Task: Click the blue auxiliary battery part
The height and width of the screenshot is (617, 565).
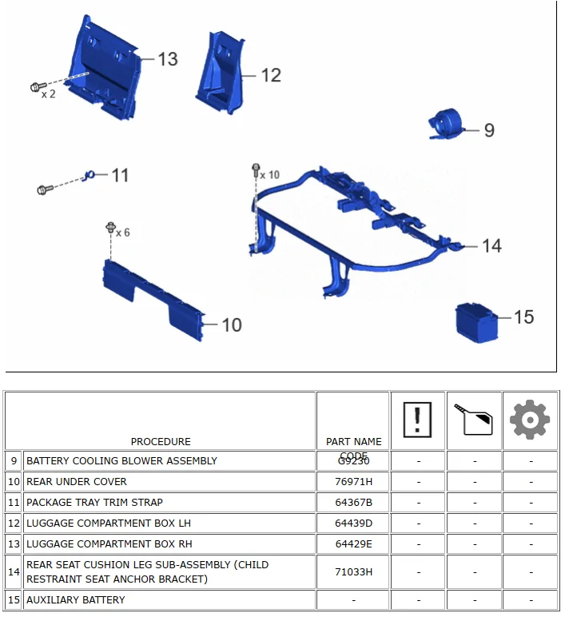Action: pyautogui.click(x=476, y=322)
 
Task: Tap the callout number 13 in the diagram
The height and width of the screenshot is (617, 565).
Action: pyautogui.click(x=167, y=59)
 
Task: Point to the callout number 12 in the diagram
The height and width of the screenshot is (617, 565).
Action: pyautogui.click(x=271, y=75)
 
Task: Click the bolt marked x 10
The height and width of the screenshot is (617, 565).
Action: pyautogui.click(x=256, y=170)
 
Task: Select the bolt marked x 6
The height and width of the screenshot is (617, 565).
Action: pyautogui.click(x=110, y=229)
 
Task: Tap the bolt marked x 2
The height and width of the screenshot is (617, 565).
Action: pyautogui.click(x=36, y=86)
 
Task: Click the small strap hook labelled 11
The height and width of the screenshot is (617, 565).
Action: pyautogui.click(x=90, y=175)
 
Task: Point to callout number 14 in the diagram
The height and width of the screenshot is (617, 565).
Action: pyautogui.click(x=491, y=245)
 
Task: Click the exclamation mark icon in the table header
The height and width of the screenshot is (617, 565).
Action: pyautogui.click(x=417, y=419)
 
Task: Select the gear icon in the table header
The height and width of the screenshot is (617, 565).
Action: pyautogui.click(x=530, y=420)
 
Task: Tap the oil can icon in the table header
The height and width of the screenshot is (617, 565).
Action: pyautogui.click(x=474, y=420)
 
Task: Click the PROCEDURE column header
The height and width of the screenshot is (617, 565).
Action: pyautogui.click(x=161, y=441)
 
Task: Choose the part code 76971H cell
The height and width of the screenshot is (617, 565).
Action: pyautogui.click(x=353, y=482)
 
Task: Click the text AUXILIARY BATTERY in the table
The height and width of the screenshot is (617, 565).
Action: pyautogui.click(x=76, y=600)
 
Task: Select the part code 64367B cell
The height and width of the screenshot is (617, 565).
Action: pyautogui.click(x=353, y=503)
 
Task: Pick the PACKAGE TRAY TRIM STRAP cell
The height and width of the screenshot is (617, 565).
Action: pyautogui.click(x=94, y=503)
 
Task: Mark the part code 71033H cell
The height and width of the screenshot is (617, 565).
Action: pyautogui.click(x=353, y=572)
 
